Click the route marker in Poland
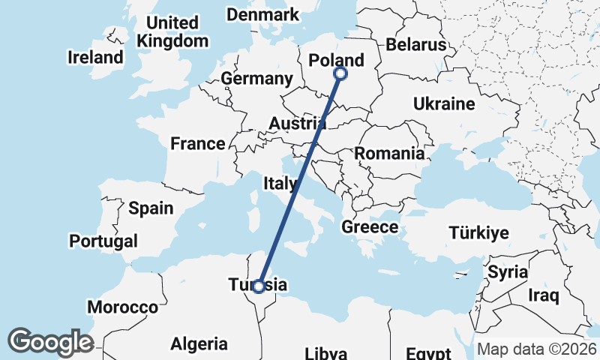340,73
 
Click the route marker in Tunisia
259,286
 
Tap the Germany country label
256,79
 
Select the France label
197,143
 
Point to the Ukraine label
444,103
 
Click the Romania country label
389,154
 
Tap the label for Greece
370,226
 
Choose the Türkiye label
478,232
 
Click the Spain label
151,208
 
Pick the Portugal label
103,241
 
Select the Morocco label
123,307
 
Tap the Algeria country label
199,344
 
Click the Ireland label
95,57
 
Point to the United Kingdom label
173,32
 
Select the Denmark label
262,15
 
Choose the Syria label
508,272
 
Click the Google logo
50,342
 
